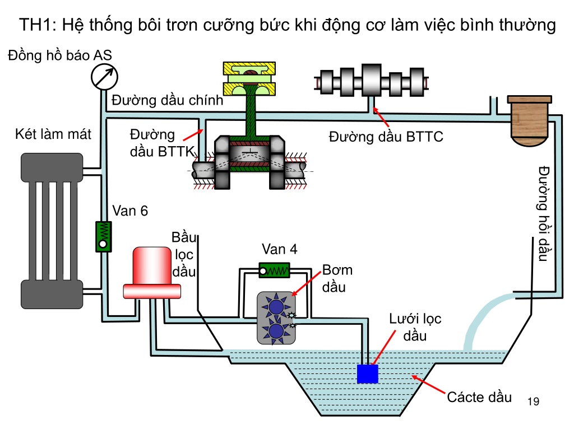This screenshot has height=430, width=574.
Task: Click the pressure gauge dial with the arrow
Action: (x=104, y=77)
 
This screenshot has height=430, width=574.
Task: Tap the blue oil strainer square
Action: (x=368, y=373)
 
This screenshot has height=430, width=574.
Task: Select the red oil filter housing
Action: (x=152, y=273)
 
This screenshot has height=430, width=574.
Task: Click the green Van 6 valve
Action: (x=104, y=237)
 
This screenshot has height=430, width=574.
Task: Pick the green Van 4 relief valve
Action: (x=274, y=270)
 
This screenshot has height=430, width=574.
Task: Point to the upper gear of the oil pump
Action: (x=276, y=306)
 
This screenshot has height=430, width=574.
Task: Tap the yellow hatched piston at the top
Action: (x=249, y=78)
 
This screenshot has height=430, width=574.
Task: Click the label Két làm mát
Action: (x=53, y=134)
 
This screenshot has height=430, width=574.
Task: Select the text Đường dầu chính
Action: (x=167, y=100)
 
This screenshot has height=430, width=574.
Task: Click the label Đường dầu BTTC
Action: (x=386, y=137)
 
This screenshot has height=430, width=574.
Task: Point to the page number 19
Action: (x=534, y=401)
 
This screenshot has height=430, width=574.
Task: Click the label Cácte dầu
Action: (x=479, y=397)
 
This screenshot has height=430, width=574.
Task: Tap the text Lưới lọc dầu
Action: (x=415, y=327)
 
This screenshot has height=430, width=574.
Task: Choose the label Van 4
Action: (x=279, y=249)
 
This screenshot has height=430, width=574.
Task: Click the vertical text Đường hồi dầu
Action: (x=544, y=214)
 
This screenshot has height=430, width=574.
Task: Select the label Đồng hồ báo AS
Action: (x=59, y=55)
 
